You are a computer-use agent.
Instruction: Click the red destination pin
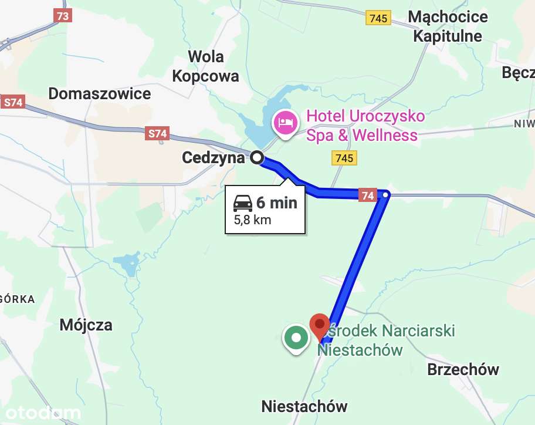(x=319, y=325)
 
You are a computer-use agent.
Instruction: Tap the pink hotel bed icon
(x=285, y=123)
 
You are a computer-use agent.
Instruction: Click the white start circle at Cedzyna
(x=257, y=157)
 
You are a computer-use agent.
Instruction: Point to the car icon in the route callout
(x=243, y=203)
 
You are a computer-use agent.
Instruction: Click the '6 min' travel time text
(x=277, y=203)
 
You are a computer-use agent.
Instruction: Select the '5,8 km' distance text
(x=252, y=221)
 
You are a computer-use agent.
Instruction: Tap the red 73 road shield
(x=63, y=16)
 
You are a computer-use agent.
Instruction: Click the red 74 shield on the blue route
(x=368, y=195)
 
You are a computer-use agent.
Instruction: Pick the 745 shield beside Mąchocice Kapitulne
(x=378, y=18)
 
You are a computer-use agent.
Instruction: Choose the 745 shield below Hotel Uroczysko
(x=344, y=158)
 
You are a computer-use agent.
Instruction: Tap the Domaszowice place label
(x=100, y=93)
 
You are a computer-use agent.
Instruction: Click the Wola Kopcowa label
(x=205, y=66)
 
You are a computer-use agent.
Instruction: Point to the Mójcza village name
(x=86, y=325)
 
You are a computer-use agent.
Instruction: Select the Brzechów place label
(x=463, y=370)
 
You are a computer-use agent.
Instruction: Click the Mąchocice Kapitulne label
(x=448, y=26)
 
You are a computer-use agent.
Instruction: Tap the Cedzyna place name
(x=213, y=157)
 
